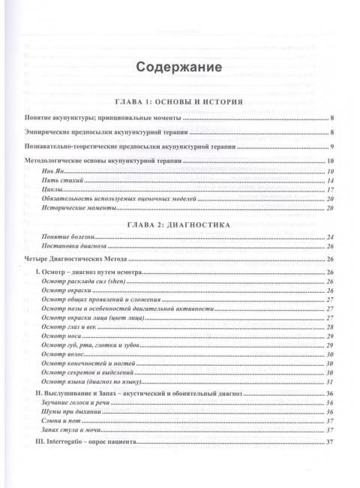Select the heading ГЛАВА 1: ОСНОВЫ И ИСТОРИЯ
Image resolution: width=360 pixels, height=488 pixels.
[180, 102]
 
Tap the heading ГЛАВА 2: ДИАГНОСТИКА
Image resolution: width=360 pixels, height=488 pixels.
[180, 223]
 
